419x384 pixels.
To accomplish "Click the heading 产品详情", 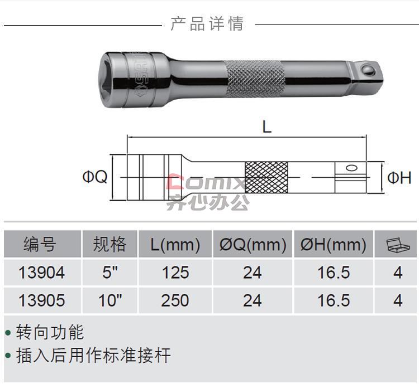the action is pyautogui.click(x=207, y=24).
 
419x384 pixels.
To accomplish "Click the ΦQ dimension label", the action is pyautogui.click(x=95, y=177).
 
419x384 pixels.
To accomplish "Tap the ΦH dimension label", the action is pyautogui.click(x=399, y=178).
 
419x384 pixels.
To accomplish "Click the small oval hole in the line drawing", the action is pyautogui.click(x=351, y=168).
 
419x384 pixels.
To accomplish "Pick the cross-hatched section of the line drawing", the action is pyautogui.click(x=266, y=177).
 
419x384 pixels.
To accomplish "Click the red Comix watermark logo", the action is pyautogui.click(x=206, y=182).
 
